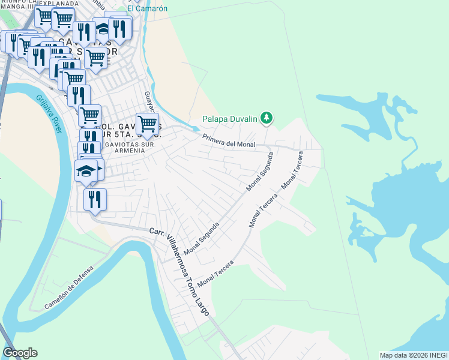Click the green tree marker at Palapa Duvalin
pos(268,118)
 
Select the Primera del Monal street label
pos(229,140)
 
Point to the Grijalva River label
pos(49,113)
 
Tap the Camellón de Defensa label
pos(69,289)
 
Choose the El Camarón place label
pos(148,8)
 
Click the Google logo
pos(20,353)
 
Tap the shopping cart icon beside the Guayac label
pos(147,124)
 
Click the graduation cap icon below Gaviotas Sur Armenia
pos(86,170)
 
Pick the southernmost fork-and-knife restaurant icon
pos(95,199)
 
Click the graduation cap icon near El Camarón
pos(103,28)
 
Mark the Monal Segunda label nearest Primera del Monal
pos(259,172)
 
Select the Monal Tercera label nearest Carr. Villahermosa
pos(215,272)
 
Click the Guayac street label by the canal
pos(149,101)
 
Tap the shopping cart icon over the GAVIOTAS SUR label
pos(95,58)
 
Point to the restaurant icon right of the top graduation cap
pos(120,28)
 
